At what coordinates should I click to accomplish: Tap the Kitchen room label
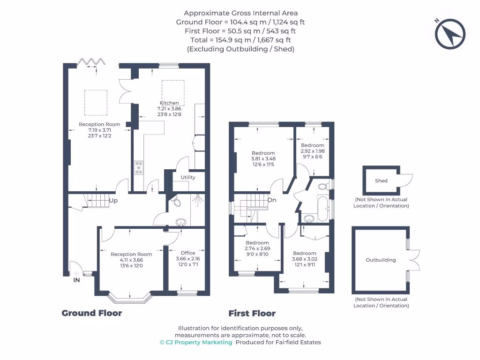pyautogui.click(x=169, y=103)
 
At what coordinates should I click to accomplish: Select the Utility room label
pyautogui.click(x=188, y=177)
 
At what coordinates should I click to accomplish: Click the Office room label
pyautogui.click(x=188, y=253)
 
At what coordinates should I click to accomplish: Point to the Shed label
pyautogui.click(x=381, y=180)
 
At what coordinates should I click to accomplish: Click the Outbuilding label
pyautogui.click(x=381, y=260)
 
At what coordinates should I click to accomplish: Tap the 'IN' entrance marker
pyautogui.click(x=76, y=280)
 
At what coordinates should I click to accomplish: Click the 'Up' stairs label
pyautogui.click(x=113, y=201)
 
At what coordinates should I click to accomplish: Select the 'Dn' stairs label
pyautogui.click(x=271, y=200)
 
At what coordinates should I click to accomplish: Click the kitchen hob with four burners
pyautogui.click(x=139, y=167)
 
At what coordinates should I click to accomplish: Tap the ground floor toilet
pyautogui.click(x=176, y=202)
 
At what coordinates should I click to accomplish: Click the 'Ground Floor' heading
pyautogui.click(x=91, y=313)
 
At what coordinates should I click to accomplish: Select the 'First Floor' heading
pyautogui.click(x=252, y=313)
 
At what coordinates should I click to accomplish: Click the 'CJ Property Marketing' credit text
pyautogui.click(x=196, y=342)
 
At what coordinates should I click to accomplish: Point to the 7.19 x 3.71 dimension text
pyautogui.click(x=99, y=130)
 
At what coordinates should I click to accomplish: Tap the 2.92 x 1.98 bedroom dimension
pyautogui.click(x=313, y=151)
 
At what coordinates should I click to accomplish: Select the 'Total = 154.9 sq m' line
pyautogui.click(x=240, y=40)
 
